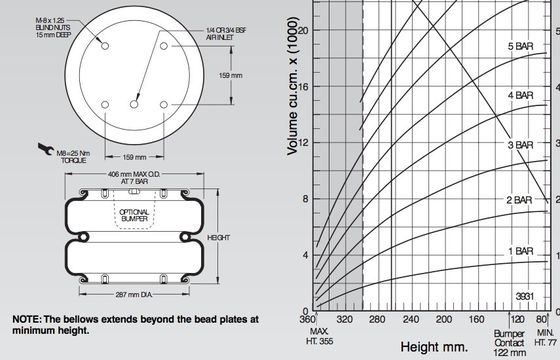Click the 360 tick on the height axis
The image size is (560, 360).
click(308, 319)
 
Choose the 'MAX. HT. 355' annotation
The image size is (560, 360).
click(319, 335)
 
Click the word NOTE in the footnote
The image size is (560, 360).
click(27, 318)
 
